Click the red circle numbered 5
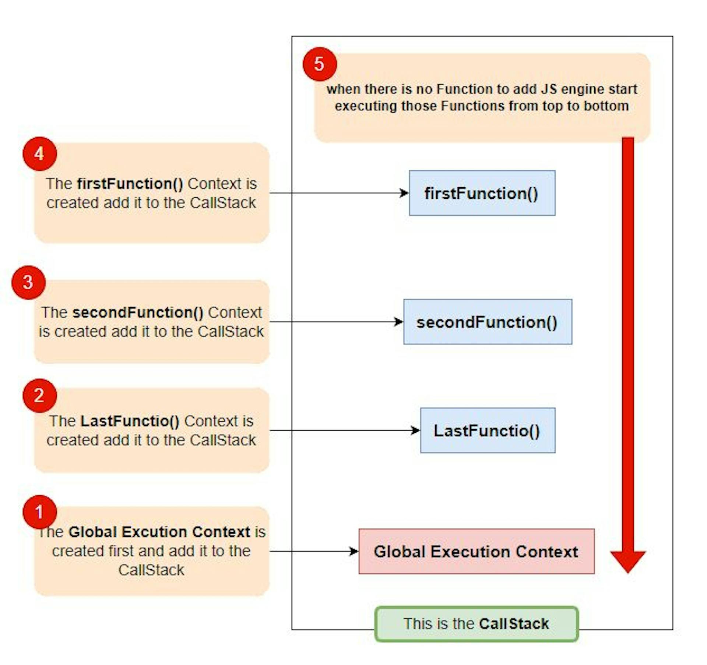pos(319,64)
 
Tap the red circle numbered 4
pos(39,154)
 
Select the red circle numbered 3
pos(28,282)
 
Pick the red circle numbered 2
pos(39,396)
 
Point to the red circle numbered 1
pos(39,512)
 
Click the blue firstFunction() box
pos(482,193)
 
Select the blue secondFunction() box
pos(488,322)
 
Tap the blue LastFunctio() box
pos(488,430)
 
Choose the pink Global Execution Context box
pos(476,551)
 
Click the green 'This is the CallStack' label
pos(476,624)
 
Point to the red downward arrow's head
pos(628,561)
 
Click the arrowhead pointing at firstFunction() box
pos(405,193)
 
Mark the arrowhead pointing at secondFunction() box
pos(399,322)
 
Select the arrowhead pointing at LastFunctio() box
pos(416,430)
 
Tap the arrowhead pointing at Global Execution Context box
pos(354,551)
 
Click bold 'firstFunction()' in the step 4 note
pos(130,184)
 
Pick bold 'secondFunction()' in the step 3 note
pos(138,312)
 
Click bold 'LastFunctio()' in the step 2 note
pos(130,421)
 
